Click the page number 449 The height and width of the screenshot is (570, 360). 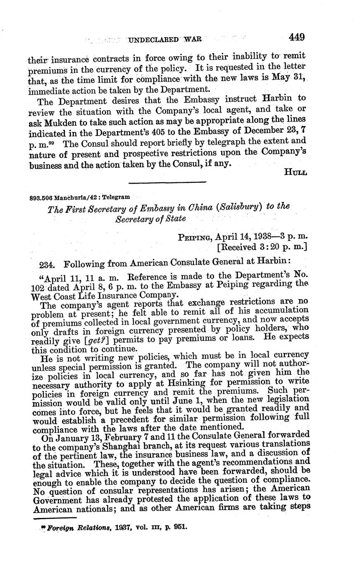pos(296,38)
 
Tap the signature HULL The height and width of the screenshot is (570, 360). pos(296,172)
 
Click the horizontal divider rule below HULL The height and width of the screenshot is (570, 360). pos(167,182)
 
